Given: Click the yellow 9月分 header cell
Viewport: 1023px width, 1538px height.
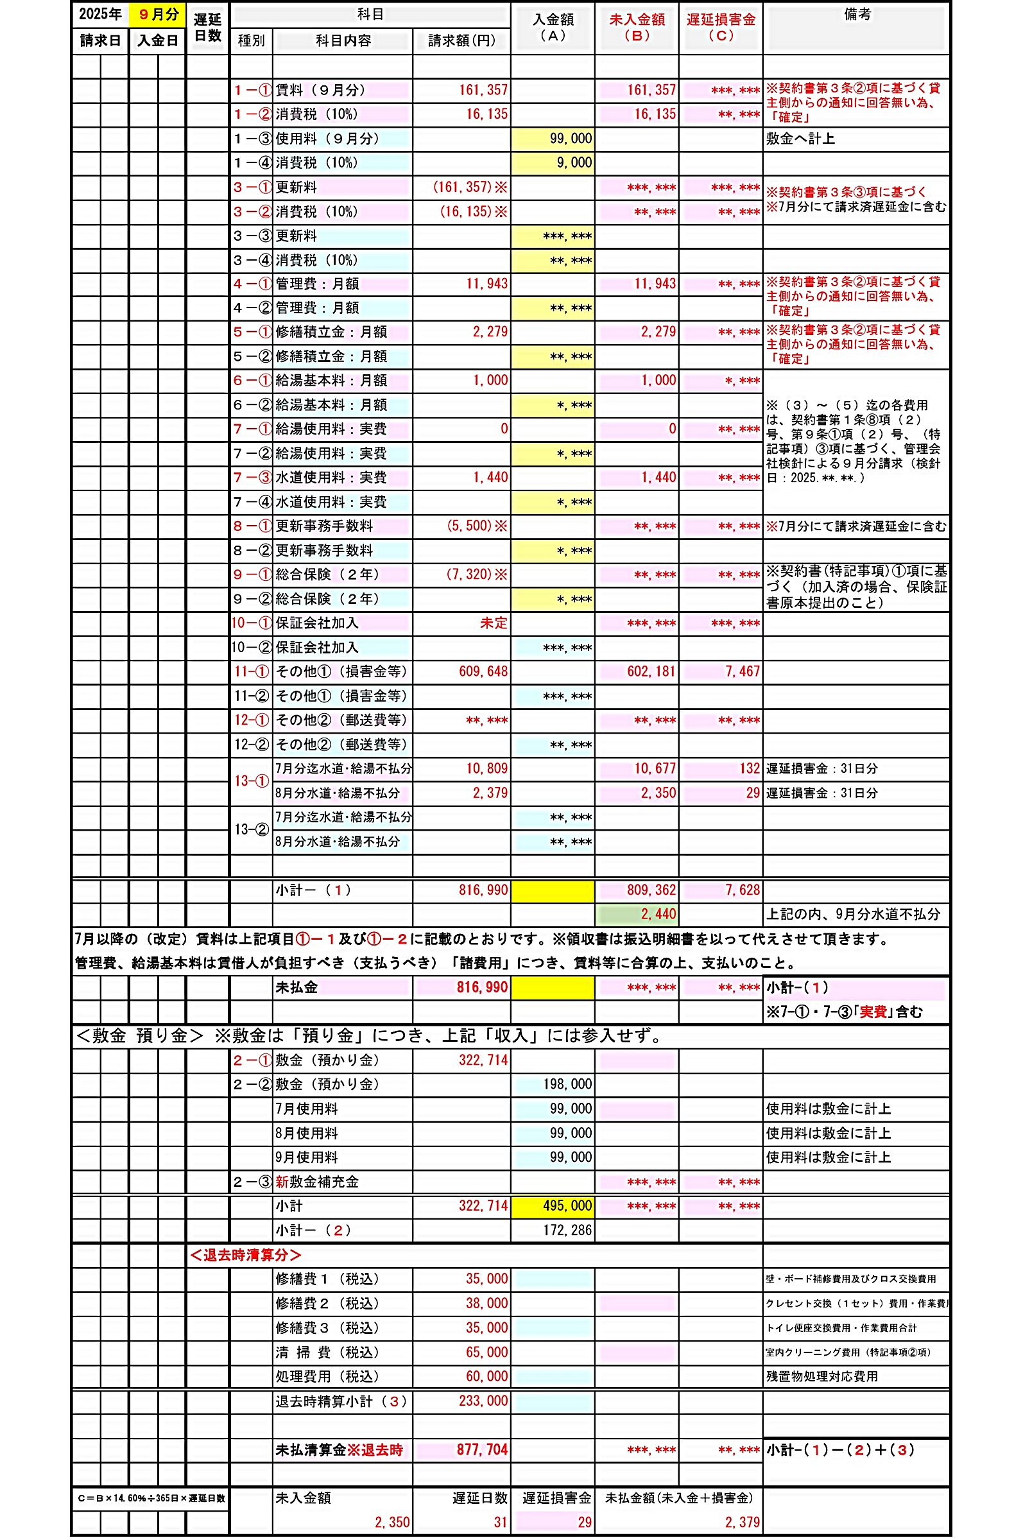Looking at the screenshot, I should [x=158, y=14].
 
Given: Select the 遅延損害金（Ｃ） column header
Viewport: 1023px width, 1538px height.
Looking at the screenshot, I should [x=720, y=28].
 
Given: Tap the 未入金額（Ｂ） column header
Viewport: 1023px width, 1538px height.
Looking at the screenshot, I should [x=636, y=28].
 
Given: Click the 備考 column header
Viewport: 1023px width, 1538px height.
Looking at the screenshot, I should [x=856, y=14].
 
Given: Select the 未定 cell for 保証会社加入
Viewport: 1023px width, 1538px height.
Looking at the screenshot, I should [x=494, y=623].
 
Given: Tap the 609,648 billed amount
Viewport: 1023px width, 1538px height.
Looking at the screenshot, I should [x=483, y=671].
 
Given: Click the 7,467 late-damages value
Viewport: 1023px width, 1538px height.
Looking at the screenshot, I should [x=743, y=671].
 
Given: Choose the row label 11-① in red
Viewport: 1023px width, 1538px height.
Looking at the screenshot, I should [x=251, y=671].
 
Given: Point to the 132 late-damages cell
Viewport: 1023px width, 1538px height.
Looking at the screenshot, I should [x=749, y=768].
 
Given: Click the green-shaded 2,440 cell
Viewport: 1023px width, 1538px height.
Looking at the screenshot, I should [x=658, y=914].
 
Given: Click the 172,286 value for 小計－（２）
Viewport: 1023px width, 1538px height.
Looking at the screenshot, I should [x=567, y=1230].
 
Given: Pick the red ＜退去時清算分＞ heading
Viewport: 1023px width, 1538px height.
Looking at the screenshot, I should [x=245, y=1255].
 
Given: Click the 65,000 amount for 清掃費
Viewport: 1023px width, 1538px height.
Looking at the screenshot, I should [x=486, y=1352].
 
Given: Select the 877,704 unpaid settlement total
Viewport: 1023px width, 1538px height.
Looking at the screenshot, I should [x=481, y=1449].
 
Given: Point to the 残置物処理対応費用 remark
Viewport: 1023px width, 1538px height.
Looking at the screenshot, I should [x=821, y=1376].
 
